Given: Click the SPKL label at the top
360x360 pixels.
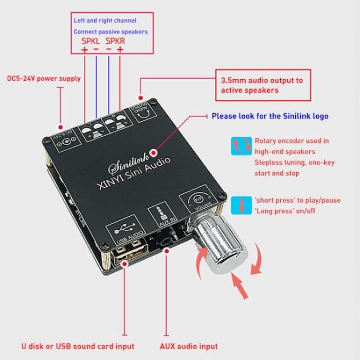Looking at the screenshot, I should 91,41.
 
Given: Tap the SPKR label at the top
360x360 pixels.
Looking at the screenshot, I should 115,41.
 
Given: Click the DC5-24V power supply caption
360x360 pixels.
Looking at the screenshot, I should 44,79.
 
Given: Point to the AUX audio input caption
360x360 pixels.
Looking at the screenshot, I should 188,346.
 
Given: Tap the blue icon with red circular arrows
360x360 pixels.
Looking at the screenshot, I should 242,146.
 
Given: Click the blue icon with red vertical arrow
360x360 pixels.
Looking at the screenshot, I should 242,203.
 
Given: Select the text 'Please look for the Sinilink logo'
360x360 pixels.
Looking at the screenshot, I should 269,116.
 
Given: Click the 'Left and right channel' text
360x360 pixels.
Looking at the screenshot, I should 105,21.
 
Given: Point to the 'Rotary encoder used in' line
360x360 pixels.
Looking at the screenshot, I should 292,140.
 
